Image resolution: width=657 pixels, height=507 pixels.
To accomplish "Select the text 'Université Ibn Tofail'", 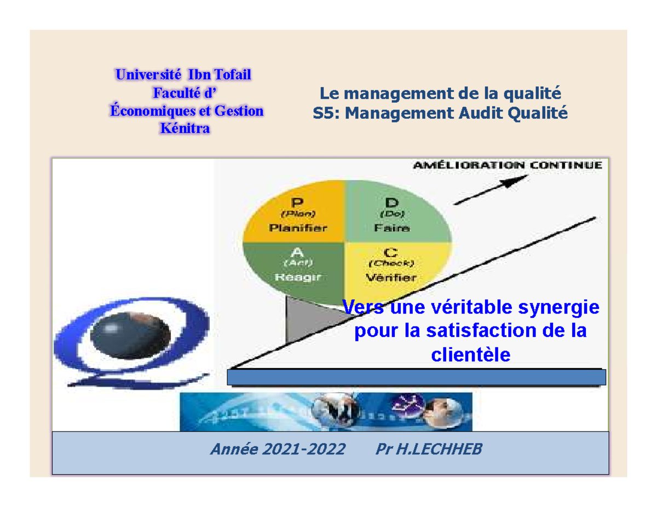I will [184, 75].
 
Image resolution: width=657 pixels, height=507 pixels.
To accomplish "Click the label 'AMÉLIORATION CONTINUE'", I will [508, 165].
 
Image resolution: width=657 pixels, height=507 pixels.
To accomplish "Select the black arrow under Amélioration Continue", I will [491, 190].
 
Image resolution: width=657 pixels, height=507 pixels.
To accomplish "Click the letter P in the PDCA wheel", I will [297, 202].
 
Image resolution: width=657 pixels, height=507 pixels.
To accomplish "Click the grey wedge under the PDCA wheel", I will [304, 323].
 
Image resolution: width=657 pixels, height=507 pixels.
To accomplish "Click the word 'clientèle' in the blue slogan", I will [470, 355].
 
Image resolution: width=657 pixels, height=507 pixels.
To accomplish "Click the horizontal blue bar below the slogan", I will [416, 377].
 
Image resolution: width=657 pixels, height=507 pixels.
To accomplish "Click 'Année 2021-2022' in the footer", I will [278, 450].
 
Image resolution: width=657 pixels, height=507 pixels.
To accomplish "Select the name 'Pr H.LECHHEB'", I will [429, 450].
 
